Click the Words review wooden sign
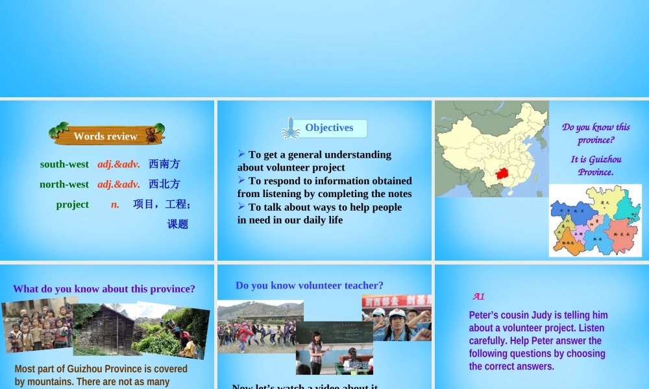[106, 136]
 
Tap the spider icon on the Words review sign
[151, 135]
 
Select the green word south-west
[64, 165]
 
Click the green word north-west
[64, 184]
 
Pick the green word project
[72, 204]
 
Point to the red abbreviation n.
[115, 204]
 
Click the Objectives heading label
[329, 128]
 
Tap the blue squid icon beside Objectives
[290, 128]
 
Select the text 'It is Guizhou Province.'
[596, 165]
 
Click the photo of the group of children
[37, 325]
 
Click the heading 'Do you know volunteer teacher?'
[310, 285]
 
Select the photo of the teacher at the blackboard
[334, 349]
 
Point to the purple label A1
[478, 296]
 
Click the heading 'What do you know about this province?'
[104, 289]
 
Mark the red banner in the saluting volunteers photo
[397, 301]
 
